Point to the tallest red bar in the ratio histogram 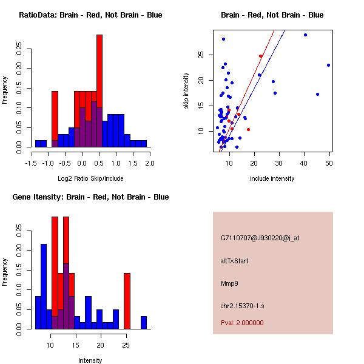click(x=99, y=91)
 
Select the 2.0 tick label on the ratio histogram click(x=150, y=163)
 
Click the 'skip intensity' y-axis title click(x=187, y=91)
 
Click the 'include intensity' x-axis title click(x=272, y=178)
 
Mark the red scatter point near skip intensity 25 click(x=260, y=56)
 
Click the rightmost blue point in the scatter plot click(x=328, y=65)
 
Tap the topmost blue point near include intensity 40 click(x=305, y=35)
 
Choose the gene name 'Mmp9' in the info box click(x=229, y=283)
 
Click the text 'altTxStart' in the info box click(x=235, y=261)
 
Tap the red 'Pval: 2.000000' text click(x=242, y=323)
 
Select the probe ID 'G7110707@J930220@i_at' click(x=260, y=238)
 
